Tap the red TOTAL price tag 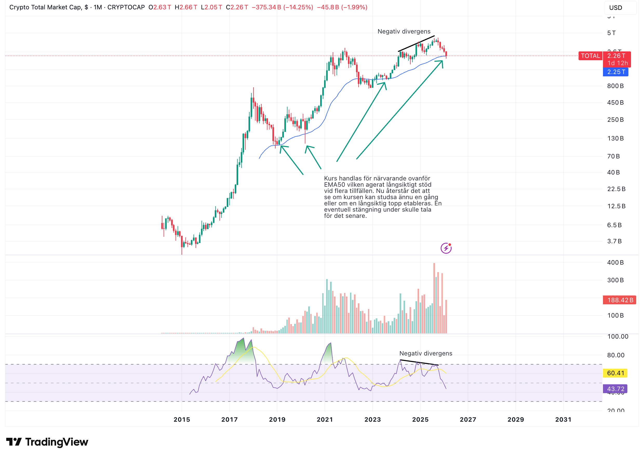coord(590,56)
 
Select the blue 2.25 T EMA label coord(615,72)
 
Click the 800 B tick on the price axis coord(615,86)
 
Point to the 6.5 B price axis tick coord(614,225)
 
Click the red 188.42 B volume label coord(619,300)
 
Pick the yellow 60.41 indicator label coord(615,373)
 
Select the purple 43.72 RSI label coord(615,389)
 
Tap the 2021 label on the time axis coord(324,419)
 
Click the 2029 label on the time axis coord(515,419)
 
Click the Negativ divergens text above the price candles coord(404,31)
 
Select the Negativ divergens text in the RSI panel coord(425,353)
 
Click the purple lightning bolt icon coord(446,248)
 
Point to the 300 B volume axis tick coord(615,280)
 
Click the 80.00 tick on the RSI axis coord(615,355)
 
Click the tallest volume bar coord(434,298)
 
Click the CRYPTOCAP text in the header coord(126,7)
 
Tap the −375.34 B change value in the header coord(266,7)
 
